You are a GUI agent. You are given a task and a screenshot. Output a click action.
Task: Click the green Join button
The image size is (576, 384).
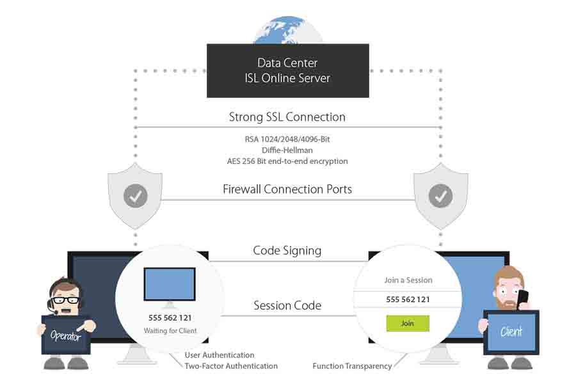click(x=408, y=323)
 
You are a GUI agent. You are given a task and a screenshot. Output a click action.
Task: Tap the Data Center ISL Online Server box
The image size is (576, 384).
click(x=288, y=70)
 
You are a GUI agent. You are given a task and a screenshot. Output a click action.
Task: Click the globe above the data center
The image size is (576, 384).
click(x=288, y=30)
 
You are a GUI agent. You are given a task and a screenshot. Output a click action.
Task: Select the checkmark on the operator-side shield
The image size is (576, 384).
click(x=136, y=196)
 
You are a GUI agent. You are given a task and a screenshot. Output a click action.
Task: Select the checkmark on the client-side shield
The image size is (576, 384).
click(x=440, y=196)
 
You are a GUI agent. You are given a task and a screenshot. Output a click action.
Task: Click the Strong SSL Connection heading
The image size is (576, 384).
click(x=287, y=117)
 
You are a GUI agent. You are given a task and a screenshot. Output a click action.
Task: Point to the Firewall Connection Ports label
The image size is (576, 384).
click(x=287, y=189)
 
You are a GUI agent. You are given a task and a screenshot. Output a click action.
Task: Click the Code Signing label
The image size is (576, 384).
click(x=287, y=251)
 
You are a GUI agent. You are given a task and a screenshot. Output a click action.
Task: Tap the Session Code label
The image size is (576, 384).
click(x=287, y=305)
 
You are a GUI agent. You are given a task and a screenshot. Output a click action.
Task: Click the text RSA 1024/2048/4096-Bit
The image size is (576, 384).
click(x=287, y=140)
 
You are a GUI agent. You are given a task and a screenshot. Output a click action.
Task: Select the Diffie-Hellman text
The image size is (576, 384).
click(x=287, y=150)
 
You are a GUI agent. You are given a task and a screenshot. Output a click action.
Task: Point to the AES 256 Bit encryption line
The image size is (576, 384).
click(x=287, y=161)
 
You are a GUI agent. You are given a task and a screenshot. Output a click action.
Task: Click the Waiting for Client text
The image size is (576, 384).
click(x=170, y=331)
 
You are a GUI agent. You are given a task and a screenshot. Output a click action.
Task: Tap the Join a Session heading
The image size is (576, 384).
click(x=408, y=280)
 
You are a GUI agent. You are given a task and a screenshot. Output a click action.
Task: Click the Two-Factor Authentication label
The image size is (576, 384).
click(x=231, y=366)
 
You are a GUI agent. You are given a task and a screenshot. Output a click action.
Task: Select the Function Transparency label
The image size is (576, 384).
click(x=352, y=366)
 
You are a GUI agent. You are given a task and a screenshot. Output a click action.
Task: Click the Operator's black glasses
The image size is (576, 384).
click(x=66, y=300)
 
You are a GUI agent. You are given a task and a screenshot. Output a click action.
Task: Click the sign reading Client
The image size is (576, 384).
click(x=511, y=332)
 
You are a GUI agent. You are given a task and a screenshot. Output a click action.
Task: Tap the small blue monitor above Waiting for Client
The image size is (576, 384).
click(x=170, y=284)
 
